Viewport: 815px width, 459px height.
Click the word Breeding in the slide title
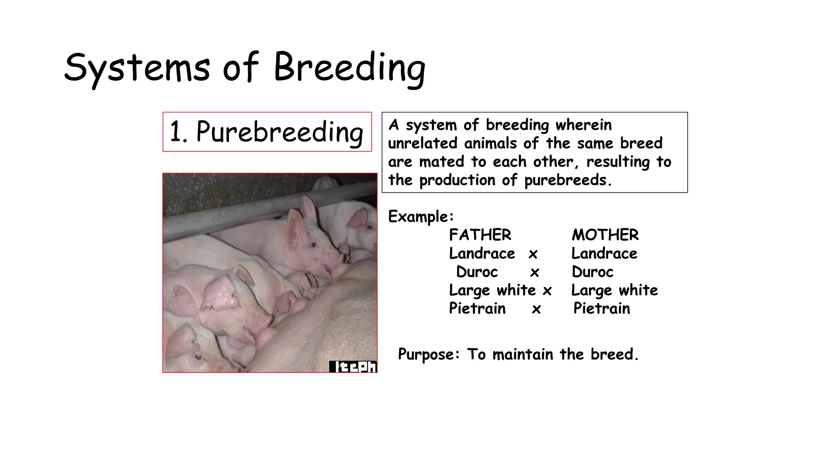coord(349,68)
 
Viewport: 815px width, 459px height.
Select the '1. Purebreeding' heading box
coord(267,132)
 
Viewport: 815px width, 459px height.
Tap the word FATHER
coord(480,235)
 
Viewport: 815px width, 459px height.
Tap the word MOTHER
coord(605,235)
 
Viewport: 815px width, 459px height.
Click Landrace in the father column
coord(482,253)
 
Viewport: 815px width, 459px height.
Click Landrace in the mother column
coord(604,253)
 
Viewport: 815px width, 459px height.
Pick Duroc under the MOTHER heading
coord(593,272)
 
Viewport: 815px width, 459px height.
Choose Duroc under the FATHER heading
coord(477,272)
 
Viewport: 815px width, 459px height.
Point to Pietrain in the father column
coord(477,308)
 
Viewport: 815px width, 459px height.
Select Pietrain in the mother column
coord(602,308)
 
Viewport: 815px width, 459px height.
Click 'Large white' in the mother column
coord(614,290)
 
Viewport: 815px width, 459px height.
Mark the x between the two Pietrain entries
coord(536,309)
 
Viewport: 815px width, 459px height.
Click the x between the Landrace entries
coord(533,254)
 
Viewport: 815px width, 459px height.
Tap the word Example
coord(420,217)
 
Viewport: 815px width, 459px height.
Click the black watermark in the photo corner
coord(353,367)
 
